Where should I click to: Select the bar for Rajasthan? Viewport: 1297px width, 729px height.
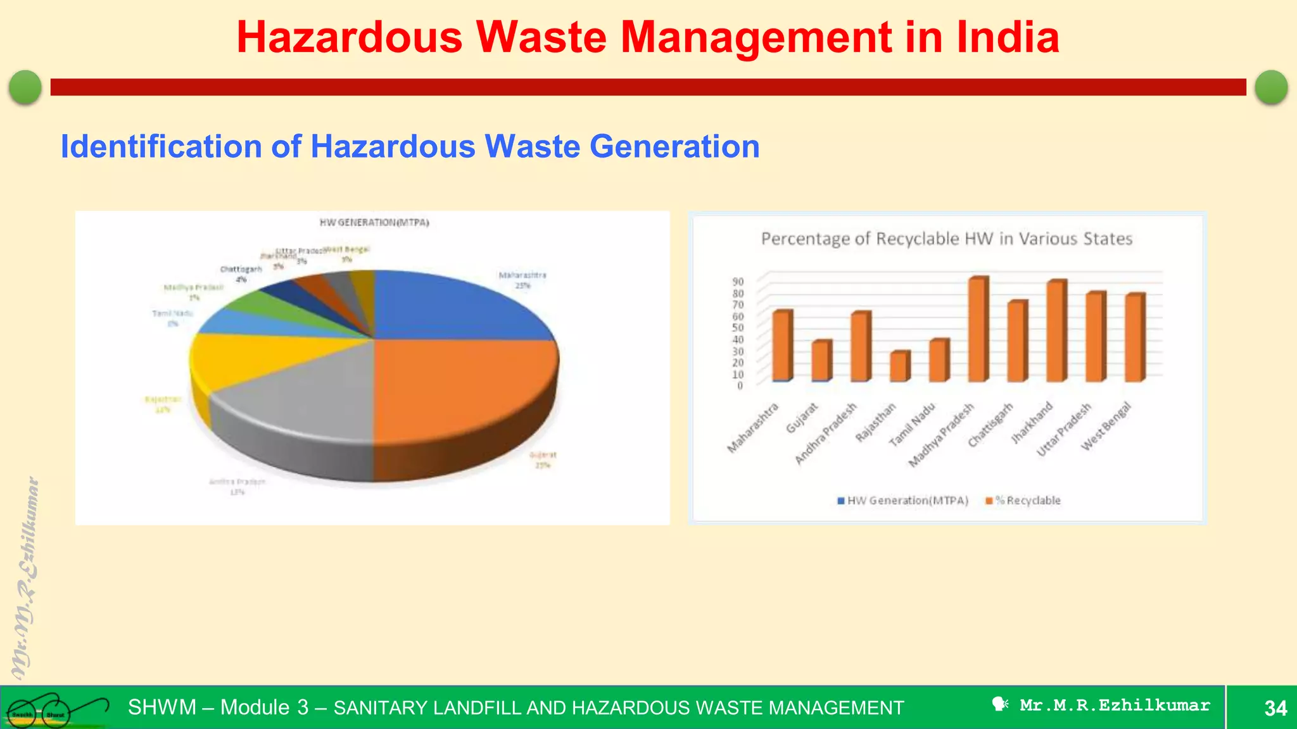point(900,366)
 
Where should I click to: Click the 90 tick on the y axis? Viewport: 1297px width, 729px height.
point(738,282)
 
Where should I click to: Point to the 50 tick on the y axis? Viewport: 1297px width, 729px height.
point(738,328)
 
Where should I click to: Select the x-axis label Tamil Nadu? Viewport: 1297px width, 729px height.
point(913,425)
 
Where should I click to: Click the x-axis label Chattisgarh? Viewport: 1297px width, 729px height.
point(991,425)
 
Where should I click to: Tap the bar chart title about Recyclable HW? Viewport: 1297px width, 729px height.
point(946,239)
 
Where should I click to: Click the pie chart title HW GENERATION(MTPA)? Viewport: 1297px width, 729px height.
point(374,223)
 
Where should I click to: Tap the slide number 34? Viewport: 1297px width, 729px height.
point(1275,707)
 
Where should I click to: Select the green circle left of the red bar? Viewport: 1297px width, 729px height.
point(25,87)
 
